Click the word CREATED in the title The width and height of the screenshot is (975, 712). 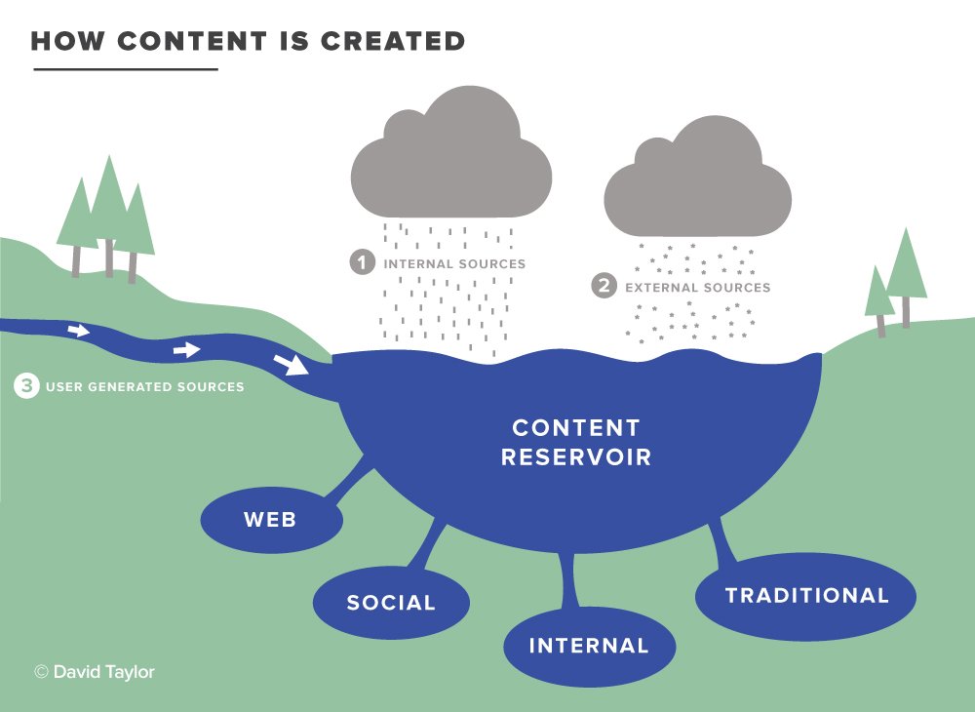click(392, 41)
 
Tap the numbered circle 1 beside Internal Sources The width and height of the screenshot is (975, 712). click(363, 261)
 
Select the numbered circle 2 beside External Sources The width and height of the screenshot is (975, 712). click(604, 286)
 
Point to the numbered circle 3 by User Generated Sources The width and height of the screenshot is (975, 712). click(26, 385)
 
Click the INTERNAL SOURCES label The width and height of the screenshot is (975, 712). click(454, 263)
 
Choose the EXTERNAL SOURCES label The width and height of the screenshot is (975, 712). click(698, 288)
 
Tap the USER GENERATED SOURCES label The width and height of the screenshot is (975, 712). click(145, 387)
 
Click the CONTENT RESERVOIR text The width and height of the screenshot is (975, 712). click(576, 442)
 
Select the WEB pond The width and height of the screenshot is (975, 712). click(272, 520)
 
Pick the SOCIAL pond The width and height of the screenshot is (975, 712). click(391, 602)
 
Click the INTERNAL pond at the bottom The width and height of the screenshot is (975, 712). click(590, 646)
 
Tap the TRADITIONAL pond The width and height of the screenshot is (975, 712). click(806, 596)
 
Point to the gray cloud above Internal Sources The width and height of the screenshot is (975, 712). click(451, 153)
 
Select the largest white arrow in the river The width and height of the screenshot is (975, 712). click(291, 364)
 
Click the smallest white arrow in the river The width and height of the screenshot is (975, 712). click(78, 331)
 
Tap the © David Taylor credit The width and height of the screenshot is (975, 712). click(95, 672)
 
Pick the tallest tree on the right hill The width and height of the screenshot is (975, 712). click(906, 277)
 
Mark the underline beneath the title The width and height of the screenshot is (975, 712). click(126, 69)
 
